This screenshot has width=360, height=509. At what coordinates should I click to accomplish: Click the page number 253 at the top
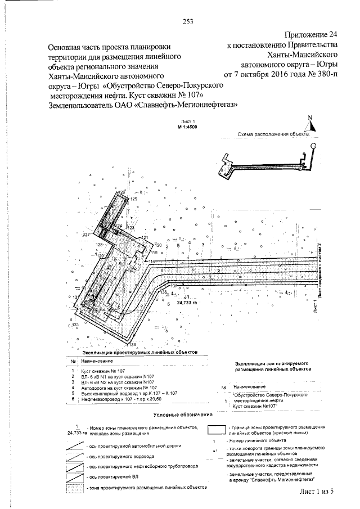pyautogui.click(x=188, y=22)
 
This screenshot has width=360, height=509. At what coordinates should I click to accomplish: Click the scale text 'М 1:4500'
pyautogui.click(x=187, y=127)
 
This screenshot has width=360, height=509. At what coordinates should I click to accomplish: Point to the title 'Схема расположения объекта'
pyautogui.click(x=273, y=135)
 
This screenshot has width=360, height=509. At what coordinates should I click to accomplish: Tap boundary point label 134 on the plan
pyautogui.click(x=133, y=344)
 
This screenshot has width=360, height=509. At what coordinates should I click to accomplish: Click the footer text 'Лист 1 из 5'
pyautogui.click(x=317, y=492)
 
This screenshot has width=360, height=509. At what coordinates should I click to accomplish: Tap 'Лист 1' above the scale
pyautogui.click(x=187, y=121)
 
